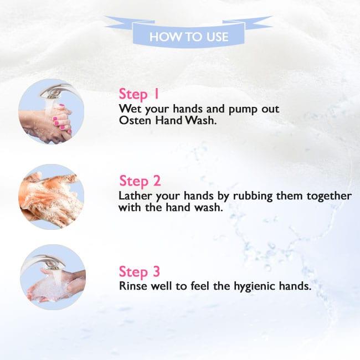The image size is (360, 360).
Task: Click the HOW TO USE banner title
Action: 189,37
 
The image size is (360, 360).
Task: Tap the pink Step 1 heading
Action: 139,94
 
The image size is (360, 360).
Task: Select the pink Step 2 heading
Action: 140,181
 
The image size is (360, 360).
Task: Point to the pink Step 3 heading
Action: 140,272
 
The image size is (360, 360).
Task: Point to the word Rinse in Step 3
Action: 133,286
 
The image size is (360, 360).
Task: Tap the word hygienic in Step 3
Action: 254,287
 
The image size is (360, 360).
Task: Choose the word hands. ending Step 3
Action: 295,286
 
